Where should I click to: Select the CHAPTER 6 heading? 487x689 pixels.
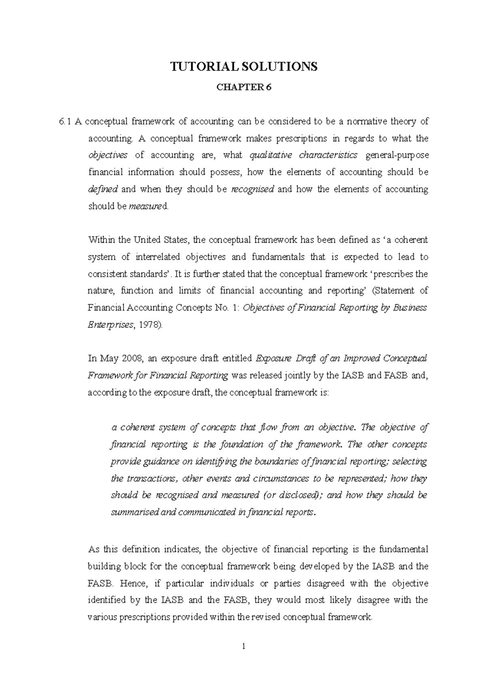(x=243, y=88)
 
